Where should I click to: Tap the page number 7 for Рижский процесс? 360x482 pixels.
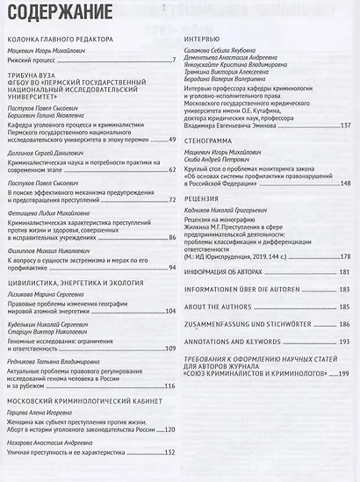[173, 63]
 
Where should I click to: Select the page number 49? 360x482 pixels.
[171, 140]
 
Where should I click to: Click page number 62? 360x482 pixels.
[171, 171]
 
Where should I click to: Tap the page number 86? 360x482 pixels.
[171, 236]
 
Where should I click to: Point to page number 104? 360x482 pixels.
[169, 312]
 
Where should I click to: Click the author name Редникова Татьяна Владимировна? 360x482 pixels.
[56, 361]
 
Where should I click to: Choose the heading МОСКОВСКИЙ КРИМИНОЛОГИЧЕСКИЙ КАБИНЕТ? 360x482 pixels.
[83, 399]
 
